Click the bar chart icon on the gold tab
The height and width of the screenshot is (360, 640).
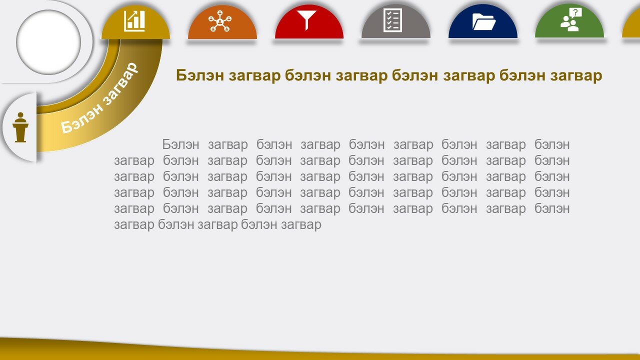134,21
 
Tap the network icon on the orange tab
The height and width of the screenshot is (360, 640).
219,21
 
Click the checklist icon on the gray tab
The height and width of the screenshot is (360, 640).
392,20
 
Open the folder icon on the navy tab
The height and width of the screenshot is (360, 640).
483,22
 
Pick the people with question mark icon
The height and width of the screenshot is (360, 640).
571,19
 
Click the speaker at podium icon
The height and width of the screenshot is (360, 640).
20,127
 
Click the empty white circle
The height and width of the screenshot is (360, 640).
48,42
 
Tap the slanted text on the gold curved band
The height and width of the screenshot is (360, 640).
99,98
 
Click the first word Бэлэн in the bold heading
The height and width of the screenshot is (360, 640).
199,75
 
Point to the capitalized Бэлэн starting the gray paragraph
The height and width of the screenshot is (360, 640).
180,144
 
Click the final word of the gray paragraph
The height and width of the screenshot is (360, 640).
301,225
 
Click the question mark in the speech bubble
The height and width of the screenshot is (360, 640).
575,12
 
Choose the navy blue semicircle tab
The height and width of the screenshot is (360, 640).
483,21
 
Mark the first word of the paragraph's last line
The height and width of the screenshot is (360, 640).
134,225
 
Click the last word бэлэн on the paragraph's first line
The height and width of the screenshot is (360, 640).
552,144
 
